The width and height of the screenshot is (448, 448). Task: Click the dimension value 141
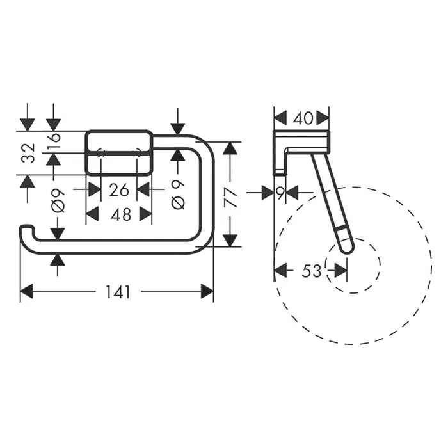[118, 292]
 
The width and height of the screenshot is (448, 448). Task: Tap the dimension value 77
[230, 197]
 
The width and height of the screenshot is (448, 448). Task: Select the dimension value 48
[121, 214]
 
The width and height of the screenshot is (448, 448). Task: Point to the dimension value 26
[119, 190]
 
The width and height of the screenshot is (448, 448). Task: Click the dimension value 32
[29, 153]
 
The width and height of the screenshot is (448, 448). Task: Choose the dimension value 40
[303, 118]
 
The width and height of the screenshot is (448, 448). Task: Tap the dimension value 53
[312, 271]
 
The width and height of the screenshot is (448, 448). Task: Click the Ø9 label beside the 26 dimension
[58, 201]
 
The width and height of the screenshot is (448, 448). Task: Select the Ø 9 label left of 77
[179, 195]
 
